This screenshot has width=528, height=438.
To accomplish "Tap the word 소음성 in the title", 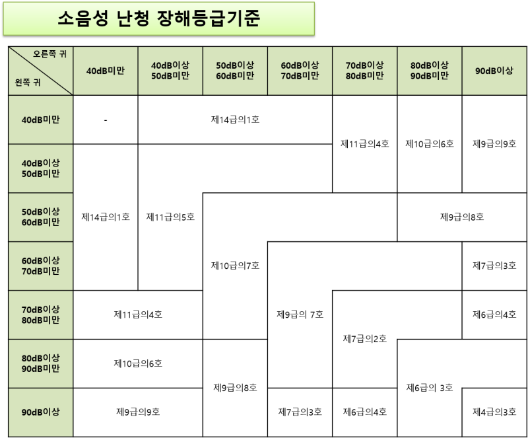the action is [83, 18].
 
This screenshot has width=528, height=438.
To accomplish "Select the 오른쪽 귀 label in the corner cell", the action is [50, 54].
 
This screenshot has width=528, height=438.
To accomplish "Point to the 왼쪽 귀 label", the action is [28, 83].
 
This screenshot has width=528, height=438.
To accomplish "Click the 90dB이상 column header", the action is [494, 71].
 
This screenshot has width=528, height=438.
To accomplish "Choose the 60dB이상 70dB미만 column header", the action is [300, 71].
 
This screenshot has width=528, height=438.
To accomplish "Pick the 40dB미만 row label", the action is [40, 120].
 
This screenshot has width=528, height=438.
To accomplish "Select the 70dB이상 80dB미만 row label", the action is [40, 314].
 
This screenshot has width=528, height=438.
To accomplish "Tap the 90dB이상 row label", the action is [40, 412].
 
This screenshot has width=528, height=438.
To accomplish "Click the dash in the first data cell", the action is [106, 120].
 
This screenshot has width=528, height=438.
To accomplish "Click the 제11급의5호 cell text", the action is [170, 217].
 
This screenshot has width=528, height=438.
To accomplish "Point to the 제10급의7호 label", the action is [235, 266].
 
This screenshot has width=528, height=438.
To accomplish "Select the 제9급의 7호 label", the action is [300, 314].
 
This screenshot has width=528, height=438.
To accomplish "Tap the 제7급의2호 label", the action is [365, 338].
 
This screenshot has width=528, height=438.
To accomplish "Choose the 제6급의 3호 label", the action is [430, 388].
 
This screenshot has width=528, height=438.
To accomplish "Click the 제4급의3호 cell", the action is [494, 412].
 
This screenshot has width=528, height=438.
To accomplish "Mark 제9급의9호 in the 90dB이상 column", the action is [494, 144].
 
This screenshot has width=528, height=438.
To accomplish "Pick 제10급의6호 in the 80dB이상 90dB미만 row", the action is [138, 363].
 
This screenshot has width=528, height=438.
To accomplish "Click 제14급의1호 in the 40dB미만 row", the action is [235, 120].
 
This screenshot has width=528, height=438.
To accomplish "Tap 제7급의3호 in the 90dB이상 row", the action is [300, 412].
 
